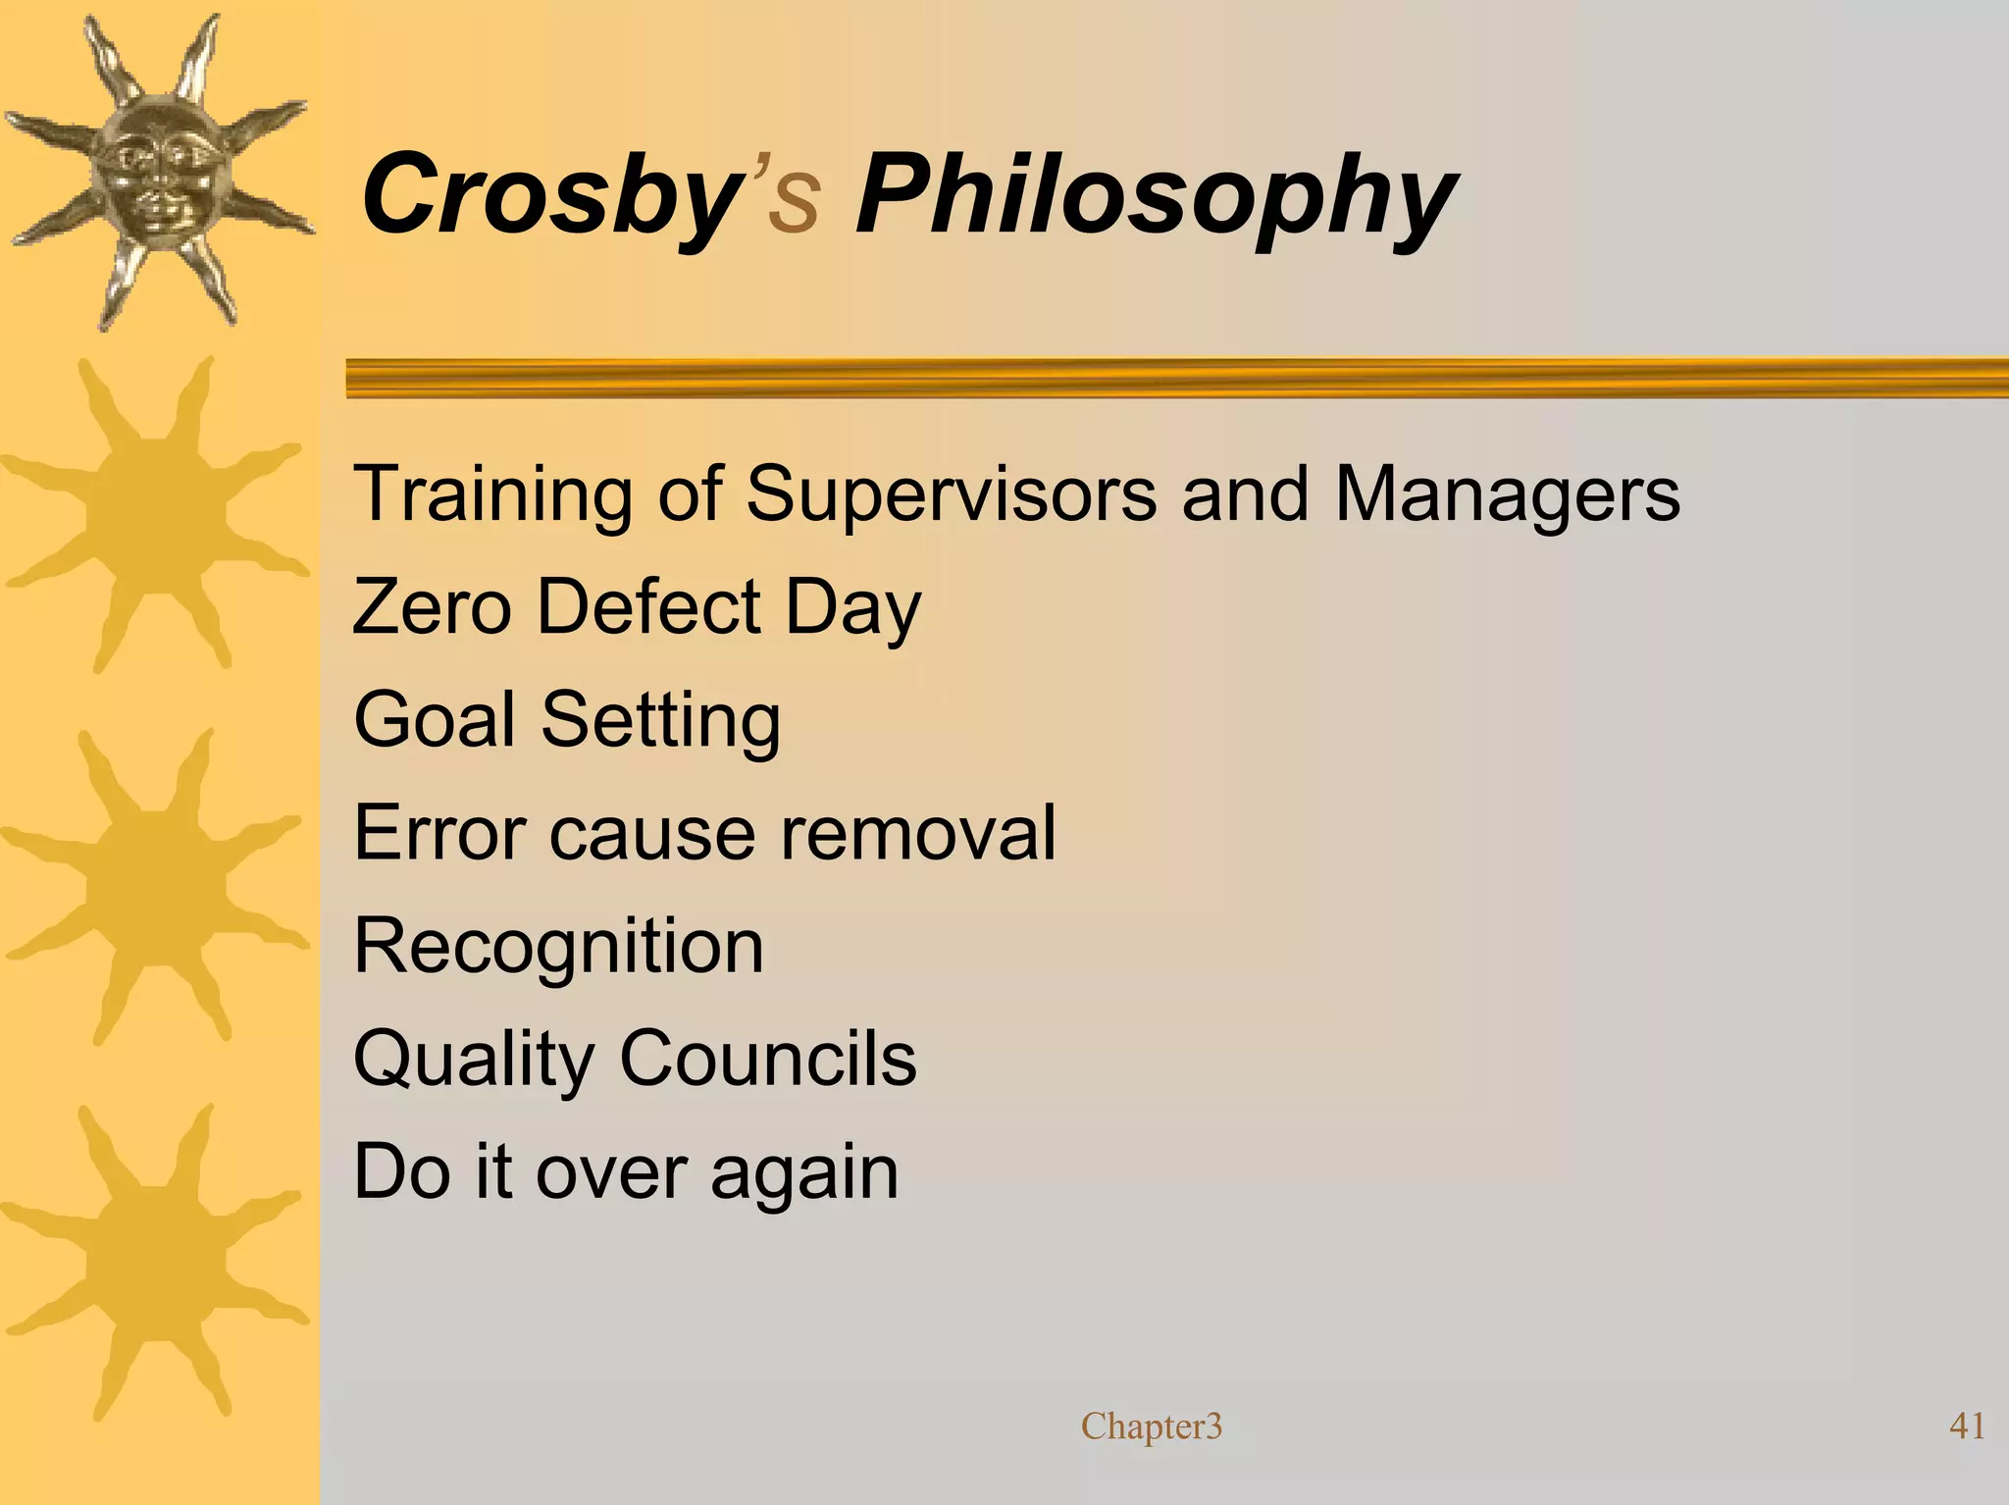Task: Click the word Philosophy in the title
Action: (1156, 196)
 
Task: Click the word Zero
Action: (432, 606)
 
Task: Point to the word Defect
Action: (648, 606)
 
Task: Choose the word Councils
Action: (768, 1060)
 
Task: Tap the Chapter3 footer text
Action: (1151, 1426)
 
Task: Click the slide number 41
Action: (1967, 1426)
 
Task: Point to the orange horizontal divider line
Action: (1177, 378)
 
